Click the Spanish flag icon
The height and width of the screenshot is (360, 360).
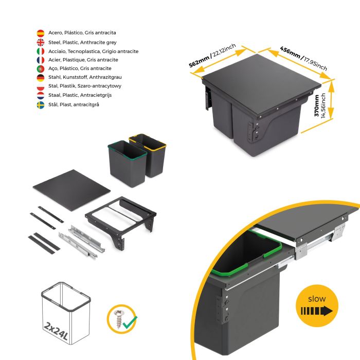point(40,33)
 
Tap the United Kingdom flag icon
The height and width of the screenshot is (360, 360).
point(40,42)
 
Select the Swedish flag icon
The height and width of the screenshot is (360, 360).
point(40,104)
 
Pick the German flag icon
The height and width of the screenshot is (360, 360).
point(40,78)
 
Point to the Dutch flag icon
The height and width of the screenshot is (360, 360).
point(40,95)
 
